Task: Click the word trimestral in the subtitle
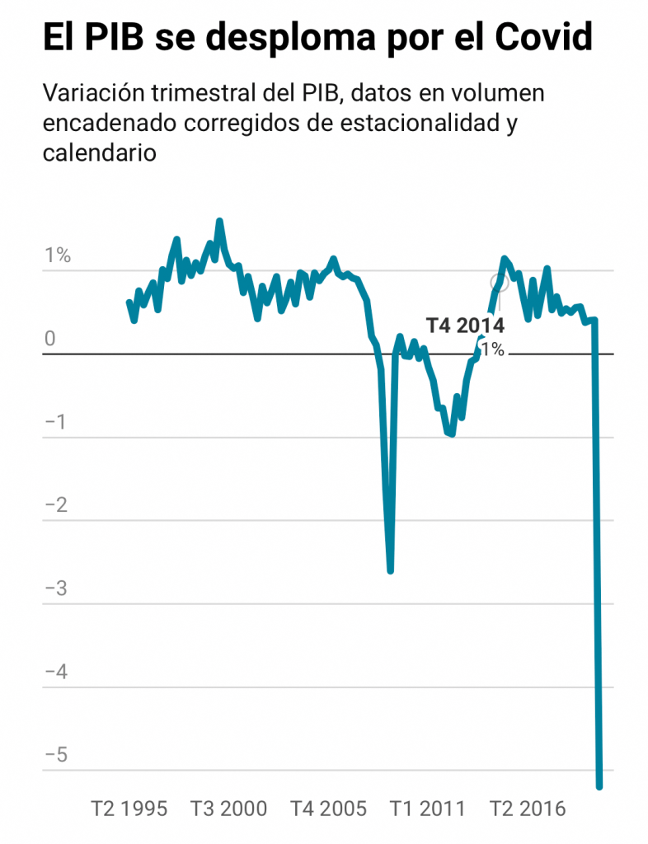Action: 215,93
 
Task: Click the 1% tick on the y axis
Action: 58,256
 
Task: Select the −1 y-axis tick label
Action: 55,423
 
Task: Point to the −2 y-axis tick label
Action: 55,506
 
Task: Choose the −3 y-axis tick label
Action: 55,590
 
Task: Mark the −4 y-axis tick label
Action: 55,673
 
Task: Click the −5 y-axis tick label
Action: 55,757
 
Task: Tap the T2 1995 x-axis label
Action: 128,809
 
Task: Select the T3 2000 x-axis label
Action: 229,809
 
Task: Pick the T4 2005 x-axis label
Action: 328,809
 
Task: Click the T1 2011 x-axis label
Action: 427,809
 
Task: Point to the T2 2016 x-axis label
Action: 528,809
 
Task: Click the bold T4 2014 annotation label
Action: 465,325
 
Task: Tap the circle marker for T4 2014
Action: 498,283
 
